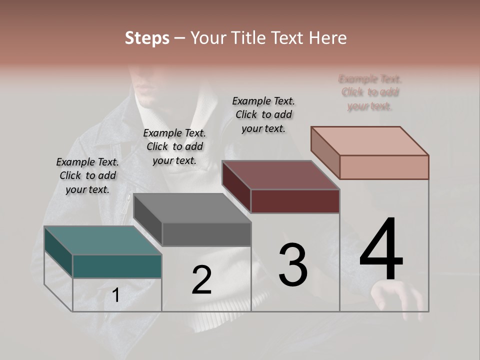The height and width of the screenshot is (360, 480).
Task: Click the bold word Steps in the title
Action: [x=147, y=38]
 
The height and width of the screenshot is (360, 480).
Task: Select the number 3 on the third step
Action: [x=293, y=265]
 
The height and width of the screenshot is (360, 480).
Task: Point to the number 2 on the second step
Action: [x=201, y=280]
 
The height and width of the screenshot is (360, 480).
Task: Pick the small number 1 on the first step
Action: [x=115, y=295]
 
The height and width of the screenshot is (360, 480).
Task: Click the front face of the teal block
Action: [x=117, y=266]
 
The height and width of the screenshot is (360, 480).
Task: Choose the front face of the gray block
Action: [x=206, y=234]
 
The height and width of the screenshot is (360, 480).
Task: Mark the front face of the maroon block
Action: [x=295, y=201]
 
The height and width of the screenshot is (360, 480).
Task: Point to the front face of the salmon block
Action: [x=384, y=167]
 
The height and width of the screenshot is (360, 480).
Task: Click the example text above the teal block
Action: [x=87, y=175]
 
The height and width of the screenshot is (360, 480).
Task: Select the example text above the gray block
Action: [x=174, y=146]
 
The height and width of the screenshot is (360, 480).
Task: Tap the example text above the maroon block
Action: [x=263, y=114]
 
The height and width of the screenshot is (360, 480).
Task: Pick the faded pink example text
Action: [x=370, y=92]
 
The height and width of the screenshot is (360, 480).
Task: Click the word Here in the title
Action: [x=327, y=38]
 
